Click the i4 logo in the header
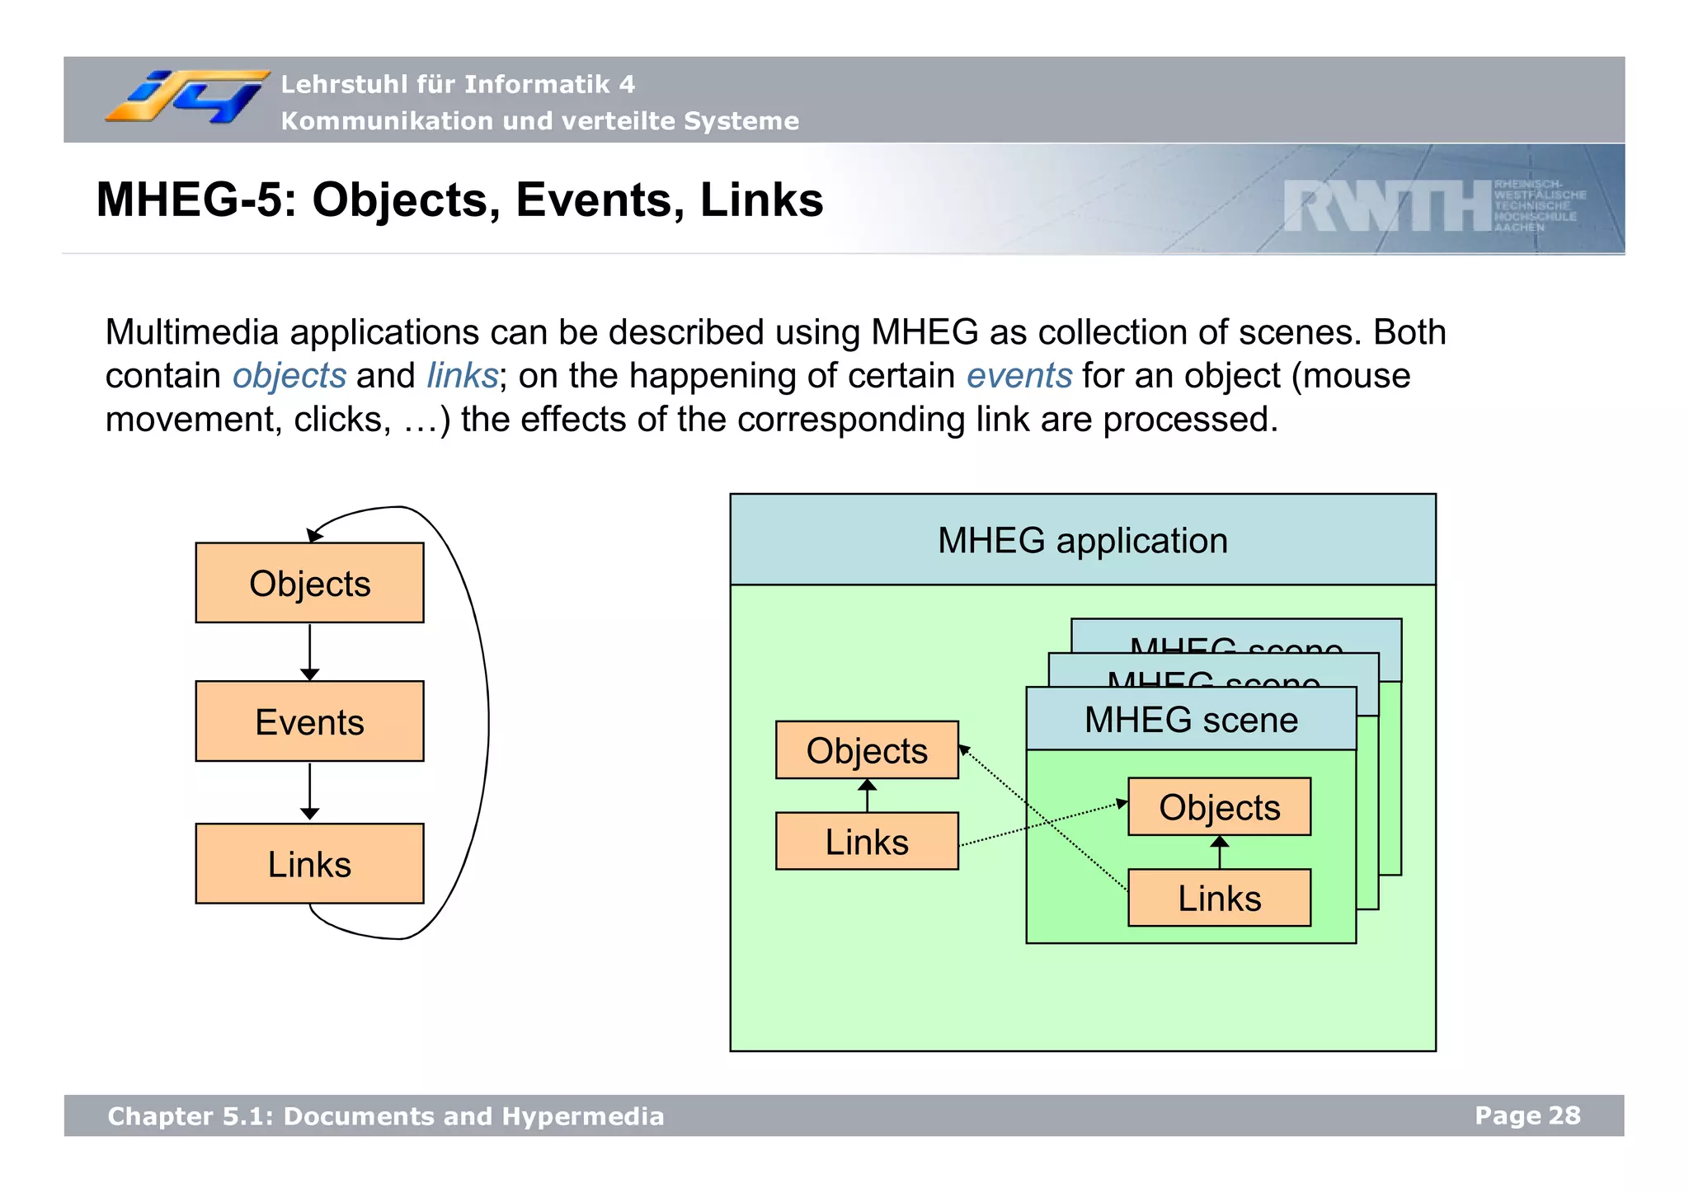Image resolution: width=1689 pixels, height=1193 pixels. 186,97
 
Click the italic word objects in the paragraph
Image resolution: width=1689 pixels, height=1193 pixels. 289,376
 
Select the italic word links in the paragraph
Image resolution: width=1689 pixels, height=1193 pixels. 462,376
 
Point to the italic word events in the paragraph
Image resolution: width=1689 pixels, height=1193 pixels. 1019,376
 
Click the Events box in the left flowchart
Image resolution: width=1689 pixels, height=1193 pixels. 309,721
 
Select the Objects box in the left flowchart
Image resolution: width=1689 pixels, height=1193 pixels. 309,583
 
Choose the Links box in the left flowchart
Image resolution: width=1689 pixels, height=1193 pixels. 309,864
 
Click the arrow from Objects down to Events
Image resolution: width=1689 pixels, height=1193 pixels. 309,651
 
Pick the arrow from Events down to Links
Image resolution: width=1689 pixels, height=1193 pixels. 309,791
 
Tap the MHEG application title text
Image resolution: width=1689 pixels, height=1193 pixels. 1082,541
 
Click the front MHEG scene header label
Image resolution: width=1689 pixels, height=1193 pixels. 1190,720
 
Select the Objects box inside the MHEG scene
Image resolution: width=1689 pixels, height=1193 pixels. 1219,807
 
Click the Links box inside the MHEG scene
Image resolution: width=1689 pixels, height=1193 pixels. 1219,898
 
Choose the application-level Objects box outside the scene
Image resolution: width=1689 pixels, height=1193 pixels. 867,750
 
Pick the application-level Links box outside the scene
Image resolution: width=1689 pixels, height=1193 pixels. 867,842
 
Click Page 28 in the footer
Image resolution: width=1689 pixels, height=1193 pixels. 1527,1116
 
